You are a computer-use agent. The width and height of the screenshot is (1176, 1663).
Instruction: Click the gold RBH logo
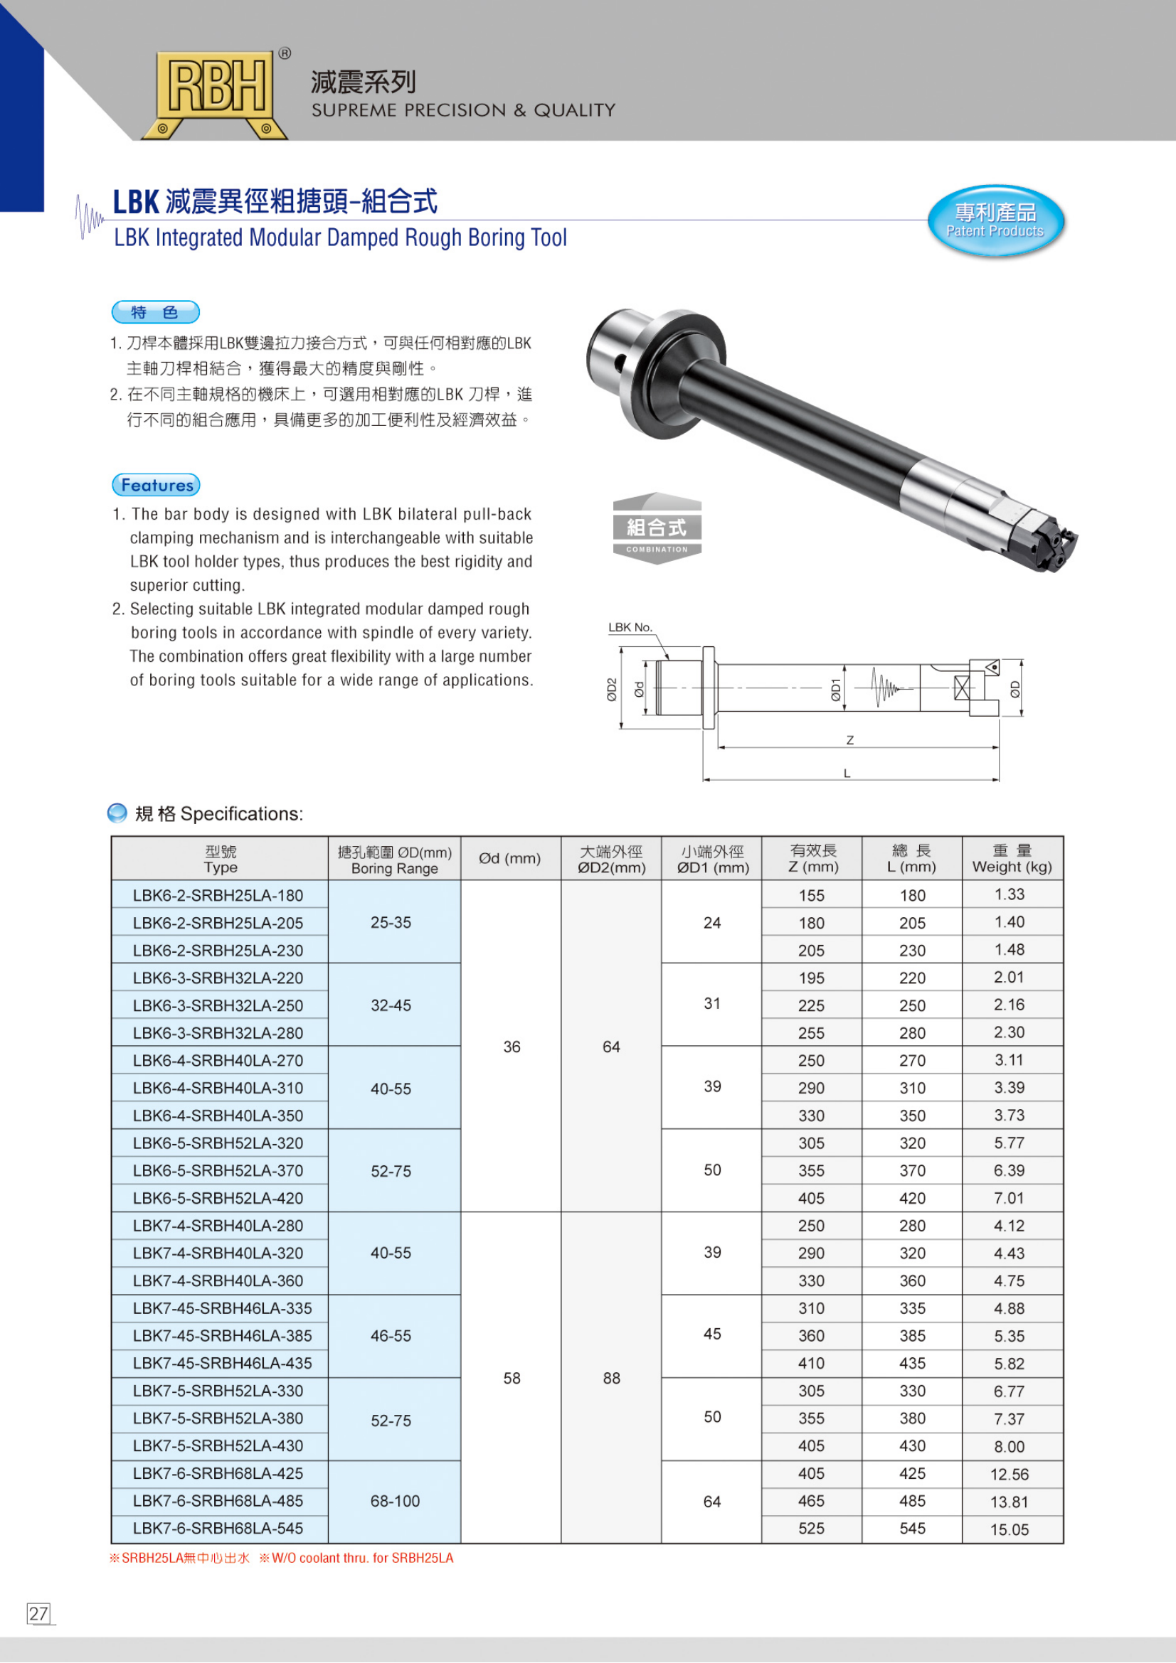pos(215,92)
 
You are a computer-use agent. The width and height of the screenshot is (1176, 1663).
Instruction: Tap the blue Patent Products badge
pos(995,220)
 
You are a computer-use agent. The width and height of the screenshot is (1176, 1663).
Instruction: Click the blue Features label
pos(156,485)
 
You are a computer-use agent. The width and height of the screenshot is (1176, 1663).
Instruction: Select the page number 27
pos(38,1613)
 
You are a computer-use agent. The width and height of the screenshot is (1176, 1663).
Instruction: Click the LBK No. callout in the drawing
pos(630,627)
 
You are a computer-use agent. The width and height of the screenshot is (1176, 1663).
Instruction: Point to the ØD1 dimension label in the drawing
pos(835,689)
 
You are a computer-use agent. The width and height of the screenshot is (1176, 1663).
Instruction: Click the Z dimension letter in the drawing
pos(850,740)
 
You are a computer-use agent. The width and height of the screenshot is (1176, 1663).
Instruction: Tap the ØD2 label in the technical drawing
pos(612,689)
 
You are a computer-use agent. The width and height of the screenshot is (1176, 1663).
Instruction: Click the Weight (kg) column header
pos(1012,858)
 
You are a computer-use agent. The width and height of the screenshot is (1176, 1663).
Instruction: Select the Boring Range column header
pos(394,859)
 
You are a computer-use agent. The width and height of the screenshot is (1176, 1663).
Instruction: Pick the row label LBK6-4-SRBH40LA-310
pos(218,1088)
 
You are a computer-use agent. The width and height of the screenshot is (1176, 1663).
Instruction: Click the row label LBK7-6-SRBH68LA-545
pos(218,1529)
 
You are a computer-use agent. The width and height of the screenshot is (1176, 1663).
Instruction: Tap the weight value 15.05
pos(1010,1529)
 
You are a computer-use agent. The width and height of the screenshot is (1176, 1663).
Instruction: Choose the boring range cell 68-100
pos(395,1501)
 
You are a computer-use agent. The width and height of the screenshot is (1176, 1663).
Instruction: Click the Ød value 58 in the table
pos(512,1378)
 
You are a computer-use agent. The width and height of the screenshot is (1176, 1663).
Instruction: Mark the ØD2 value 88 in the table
pos(612,1378)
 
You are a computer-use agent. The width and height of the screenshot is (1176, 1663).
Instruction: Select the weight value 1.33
pos(1010,894)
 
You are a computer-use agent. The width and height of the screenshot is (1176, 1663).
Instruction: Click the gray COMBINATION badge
pos(657,529)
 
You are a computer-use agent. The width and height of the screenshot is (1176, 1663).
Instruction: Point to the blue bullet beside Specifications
pos(117,813)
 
